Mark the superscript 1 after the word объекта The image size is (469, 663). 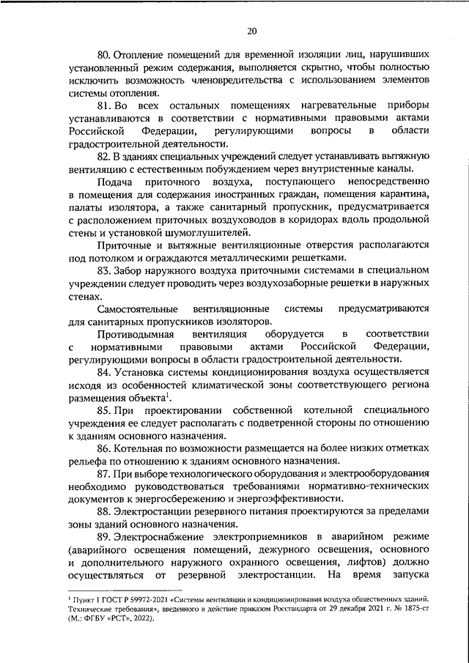tap(168, 396)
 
